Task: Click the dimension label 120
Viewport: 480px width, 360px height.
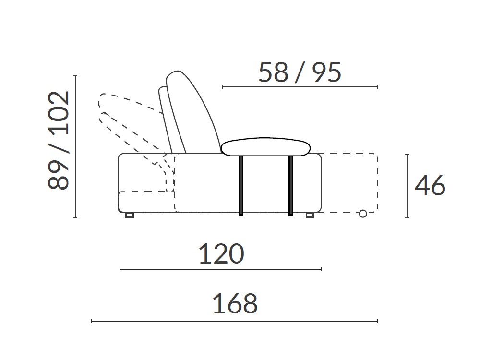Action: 221,254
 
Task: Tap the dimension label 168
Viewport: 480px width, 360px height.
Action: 235,304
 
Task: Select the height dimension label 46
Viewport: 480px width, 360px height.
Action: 430,185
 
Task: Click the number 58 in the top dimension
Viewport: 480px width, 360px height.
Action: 274,72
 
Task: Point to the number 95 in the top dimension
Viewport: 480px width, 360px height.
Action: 326,72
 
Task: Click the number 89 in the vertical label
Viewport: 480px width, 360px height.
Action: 59,175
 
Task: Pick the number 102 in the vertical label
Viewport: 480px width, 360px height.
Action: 59,113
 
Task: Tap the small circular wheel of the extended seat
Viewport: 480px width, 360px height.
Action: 363,214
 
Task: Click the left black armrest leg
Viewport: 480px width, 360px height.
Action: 241,185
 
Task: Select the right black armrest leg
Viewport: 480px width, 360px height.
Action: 291,185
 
